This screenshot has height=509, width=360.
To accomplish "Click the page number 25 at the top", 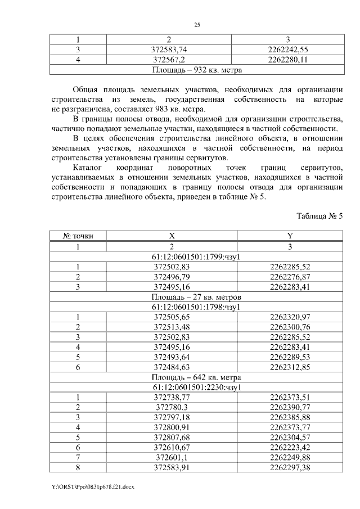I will pos(197,25).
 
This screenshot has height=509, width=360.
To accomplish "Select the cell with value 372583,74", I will pos(169,49).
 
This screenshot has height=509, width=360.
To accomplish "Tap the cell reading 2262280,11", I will pos(287,60).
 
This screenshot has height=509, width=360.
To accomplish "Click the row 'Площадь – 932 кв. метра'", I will pos(197,70).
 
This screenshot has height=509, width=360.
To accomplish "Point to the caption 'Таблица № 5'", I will pos(319,216).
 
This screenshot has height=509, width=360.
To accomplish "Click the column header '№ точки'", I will pos(79,236).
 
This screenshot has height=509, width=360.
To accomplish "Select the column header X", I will pos(172,236).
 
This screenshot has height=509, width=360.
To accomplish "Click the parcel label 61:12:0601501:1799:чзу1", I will pos(197,256).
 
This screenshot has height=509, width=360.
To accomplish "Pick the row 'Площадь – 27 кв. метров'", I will pos(197,297).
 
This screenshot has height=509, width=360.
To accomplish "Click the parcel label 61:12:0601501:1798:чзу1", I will pos(197,307).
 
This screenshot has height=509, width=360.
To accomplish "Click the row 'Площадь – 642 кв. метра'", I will pos(197,377).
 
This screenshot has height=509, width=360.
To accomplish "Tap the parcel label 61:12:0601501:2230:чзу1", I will pos(197,388).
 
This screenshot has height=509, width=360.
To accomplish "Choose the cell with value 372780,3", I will pos(172,407).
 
